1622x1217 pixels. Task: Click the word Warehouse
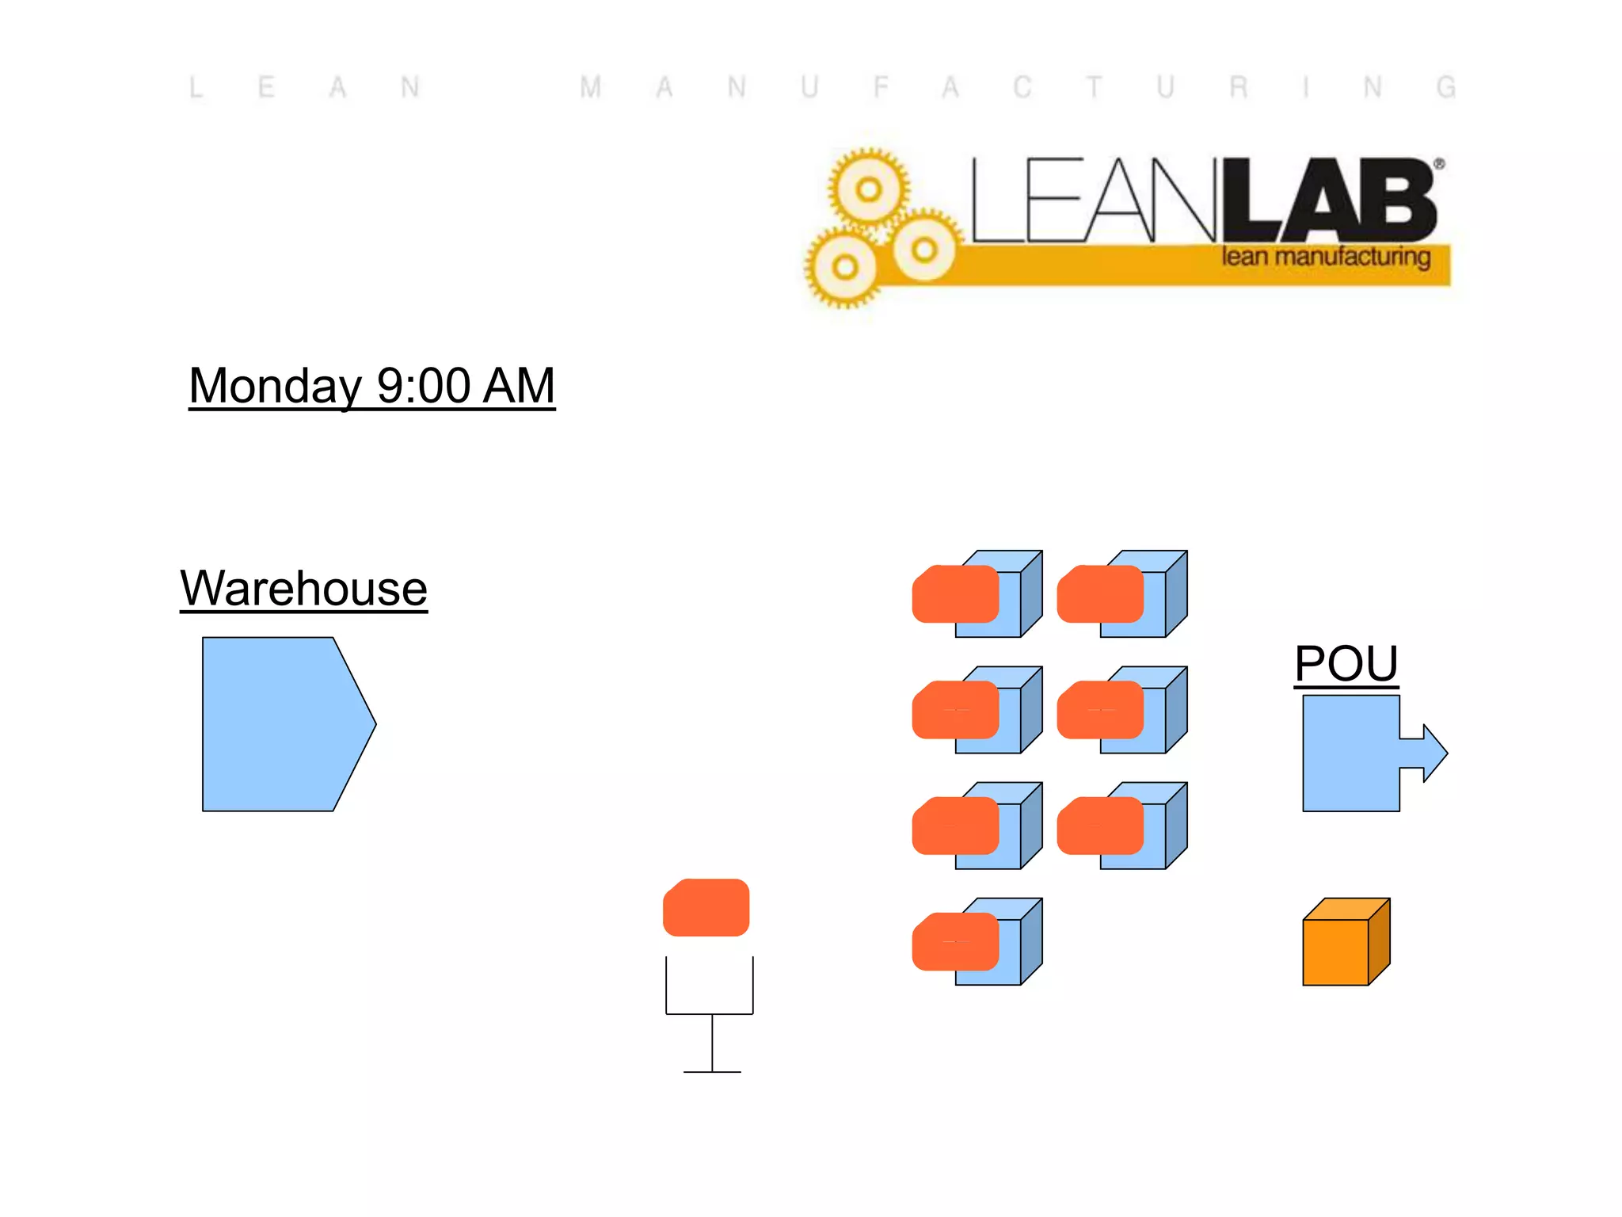click(x=303, y=589)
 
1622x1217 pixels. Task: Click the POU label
click(x=1346, y=663)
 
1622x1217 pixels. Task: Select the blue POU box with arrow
click(x=1350, y=753)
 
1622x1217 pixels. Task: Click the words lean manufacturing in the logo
click(x=1325, y=257)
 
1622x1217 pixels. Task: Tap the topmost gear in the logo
click(x=869, y=189)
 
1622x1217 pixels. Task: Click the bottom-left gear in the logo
click(x=844, y=267)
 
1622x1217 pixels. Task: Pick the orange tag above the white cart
click(x=706, y=907)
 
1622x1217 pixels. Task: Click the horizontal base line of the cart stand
click(x=712, y=1071)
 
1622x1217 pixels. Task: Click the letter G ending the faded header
click(x=1445, y=87)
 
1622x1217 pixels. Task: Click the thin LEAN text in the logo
click(x=1093, y=200)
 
